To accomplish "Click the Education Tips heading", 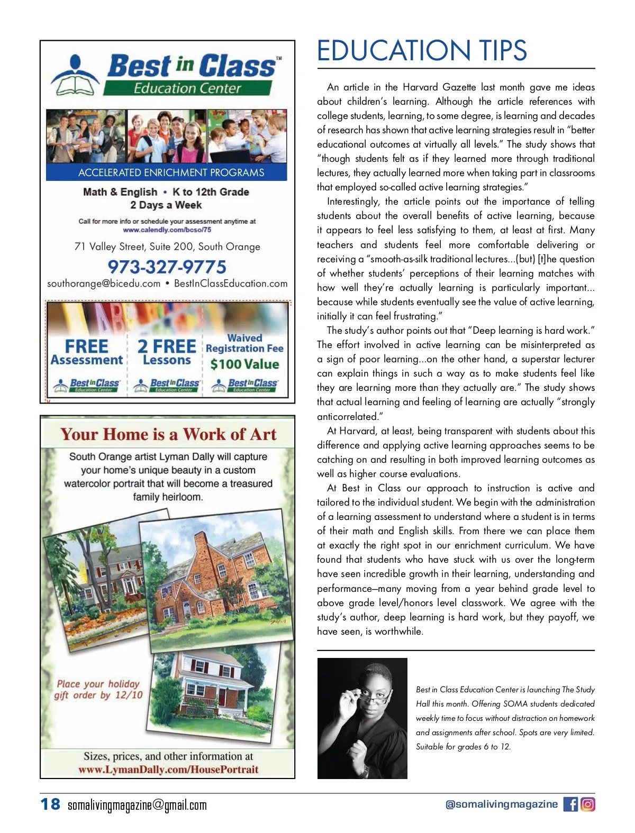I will click(422, 51).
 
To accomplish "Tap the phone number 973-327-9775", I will click(167, 267).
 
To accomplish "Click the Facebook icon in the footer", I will click(570, 804).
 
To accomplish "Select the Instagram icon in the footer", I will click(588, 804).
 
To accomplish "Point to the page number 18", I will click(51, 804).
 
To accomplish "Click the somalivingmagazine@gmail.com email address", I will click(137, 805).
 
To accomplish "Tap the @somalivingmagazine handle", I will click(501, 804).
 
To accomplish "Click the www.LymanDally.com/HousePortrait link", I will click(168, 770).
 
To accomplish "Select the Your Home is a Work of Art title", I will click(168, 434).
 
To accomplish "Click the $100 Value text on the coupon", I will click(244, 364).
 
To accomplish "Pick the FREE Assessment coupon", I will click(87, 352).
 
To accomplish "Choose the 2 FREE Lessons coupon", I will click(167, 352).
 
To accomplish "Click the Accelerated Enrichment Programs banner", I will click(171, 172).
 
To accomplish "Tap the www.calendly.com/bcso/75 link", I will click(167, 230).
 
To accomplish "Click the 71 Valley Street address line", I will click(167, 246).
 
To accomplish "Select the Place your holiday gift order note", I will click(98, 689).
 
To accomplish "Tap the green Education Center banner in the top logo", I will click(187, 88).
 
